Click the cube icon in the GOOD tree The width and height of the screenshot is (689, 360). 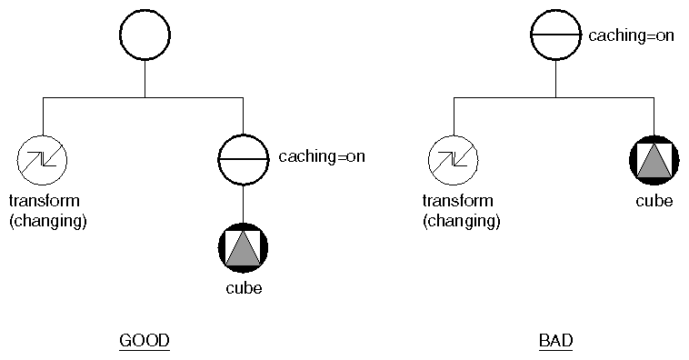coord(244,246)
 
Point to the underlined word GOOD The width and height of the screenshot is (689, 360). coord(145,341)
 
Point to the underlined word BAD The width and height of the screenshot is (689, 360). coord(555,341)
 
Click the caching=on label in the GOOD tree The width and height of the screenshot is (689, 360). coord(322,156)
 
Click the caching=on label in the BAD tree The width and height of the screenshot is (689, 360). coord(631,37)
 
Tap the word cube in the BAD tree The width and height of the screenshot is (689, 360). coord(654,201)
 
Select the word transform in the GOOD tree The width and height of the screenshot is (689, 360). coord(44,201)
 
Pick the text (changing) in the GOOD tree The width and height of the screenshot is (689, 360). coord(47,220)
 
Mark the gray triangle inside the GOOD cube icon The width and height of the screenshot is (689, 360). coord(244,250)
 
